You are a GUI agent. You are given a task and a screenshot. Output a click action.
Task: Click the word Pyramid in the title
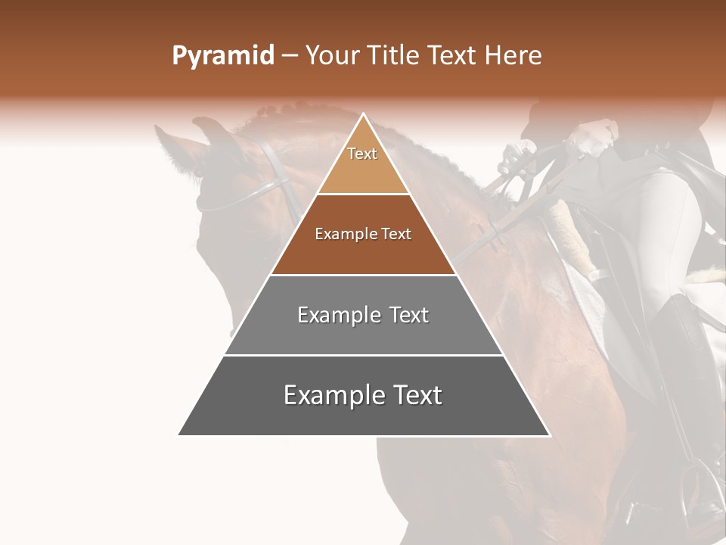[x=222, y=56]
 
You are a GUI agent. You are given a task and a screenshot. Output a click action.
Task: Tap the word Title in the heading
[x=397, y=56]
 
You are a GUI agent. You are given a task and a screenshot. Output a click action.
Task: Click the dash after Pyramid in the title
[x=290, y=56]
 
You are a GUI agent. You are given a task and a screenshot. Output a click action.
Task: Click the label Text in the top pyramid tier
[x=362, y=154]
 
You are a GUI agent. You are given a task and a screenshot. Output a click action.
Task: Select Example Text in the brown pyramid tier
[x=363, y=235]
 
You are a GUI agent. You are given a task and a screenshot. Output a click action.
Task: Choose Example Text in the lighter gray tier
[x=363, y=315]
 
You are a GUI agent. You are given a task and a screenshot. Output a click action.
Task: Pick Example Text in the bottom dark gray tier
[x=363, y=395]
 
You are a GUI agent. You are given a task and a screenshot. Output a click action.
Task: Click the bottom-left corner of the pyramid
[x=178, y=435]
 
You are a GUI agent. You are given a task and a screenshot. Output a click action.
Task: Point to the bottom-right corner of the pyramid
[x=550, y=435]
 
